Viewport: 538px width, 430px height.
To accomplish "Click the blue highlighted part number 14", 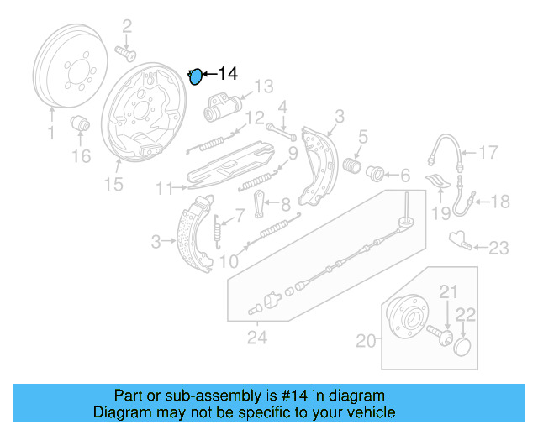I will [195, 77].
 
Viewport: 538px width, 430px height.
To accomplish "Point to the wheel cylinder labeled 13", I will [219, 106].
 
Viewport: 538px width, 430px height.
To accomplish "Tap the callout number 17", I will [488, 152].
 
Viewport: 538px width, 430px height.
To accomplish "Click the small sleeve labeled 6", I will [376, 175].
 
